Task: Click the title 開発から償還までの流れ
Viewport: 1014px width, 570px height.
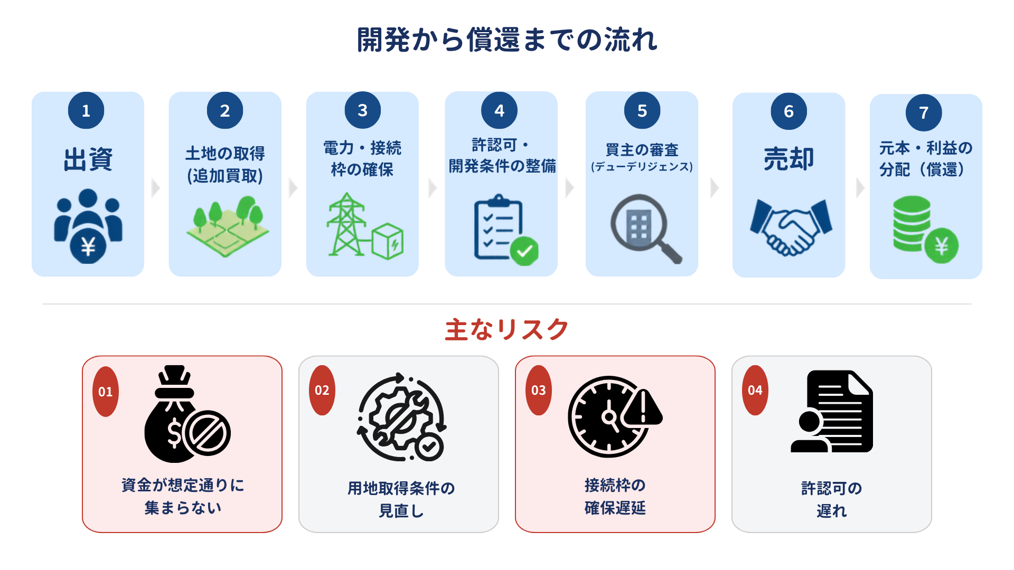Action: (x=507, y=40)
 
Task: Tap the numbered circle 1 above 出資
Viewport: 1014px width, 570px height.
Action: (x=86, y=110)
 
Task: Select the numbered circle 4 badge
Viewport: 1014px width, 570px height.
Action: (x=499, y=110)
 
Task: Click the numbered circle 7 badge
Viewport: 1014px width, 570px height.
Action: (x=924, y=112)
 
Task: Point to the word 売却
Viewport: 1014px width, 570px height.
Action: (x=788, y=158)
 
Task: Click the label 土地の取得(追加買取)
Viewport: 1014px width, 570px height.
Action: (x=225, y=164)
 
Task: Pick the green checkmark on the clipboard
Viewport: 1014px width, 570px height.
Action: (x=524, y=251)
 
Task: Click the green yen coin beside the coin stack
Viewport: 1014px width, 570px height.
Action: (x=942, y=246)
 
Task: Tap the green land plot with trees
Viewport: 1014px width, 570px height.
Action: (x=228, y=227)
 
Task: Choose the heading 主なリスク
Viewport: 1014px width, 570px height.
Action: (x=506, y=329)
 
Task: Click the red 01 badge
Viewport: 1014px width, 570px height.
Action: (x=106, y=392)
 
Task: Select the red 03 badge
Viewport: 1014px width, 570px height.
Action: (x=539, y=391)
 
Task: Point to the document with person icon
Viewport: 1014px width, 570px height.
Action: (x=832, y=411)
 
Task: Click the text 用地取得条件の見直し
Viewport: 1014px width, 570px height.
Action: (x=401, y=499)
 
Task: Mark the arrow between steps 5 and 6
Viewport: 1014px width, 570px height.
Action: (x=715, y=187)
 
